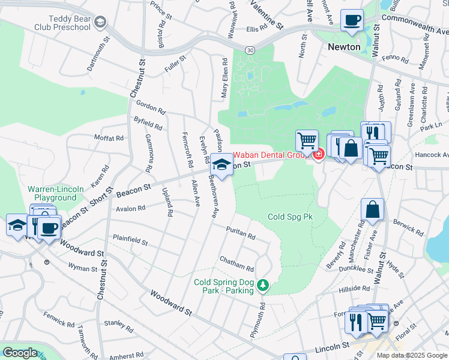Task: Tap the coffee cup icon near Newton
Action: (x=352, y=20)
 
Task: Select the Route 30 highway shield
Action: (x=249, y=49)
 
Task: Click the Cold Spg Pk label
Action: (x=291, y=216)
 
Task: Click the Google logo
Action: (x=20, y=353)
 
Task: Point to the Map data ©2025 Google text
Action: (x=411, y=355)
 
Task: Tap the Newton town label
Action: (x=344, y=47)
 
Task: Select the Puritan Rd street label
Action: (x=241, y=232)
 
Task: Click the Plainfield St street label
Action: (x=130, y=241)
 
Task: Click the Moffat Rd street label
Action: (x=109, y=138)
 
